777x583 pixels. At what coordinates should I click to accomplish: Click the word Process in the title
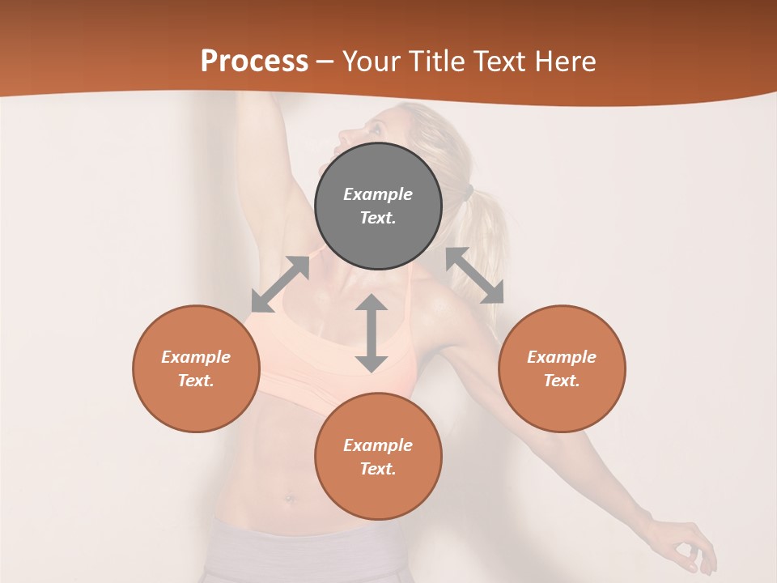point(254,62)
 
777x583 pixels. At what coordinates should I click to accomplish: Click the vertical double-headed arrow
point(372,333)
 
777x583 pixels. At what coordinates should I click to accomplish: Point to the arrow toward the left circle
point(280,284)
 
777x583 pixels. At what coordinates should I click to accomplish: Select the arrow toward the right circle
point(475,275)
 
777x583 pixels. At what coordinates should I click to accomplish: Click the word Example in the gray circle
point(378,194)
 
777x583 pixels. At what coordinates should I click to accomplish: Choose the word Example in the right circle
point(562,357)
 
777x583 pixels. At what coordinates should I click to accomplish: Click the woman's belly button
point(291,497)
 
